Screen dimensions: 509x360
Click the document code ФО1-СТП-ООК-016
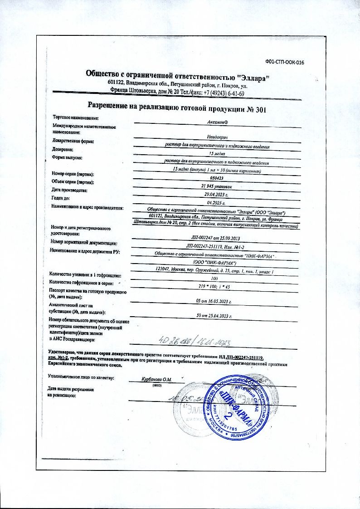pyautogui.click(x=284, y=63)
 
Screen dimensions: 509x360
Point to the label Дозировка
pyautogui.click(x=63, y=149)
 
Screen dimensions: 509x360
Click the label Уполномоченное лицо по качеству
pyautogui.click(x=81, y=377)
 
